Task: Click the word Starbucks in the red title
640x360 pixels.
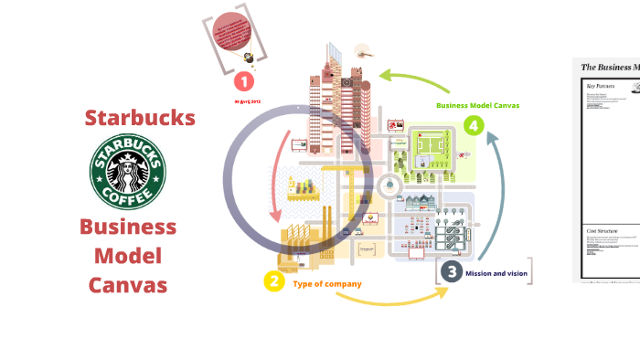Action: point(140,118)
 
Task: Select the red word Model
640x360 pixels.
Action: point(127,256)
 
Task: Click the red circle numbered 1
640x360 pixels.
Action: point(244,82)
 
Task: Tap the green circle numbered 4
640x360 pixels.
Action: point(473,125)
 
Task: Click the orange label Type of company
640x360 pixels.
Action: point(327,284)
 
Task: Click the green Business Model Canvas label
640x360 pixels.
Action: point(477,105)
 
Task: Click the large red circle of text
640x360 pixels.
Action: point(231,35)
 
